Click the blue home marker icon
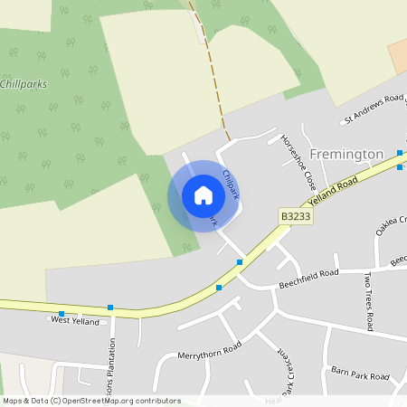tap(203, 195)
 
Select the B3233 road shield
tap(295, 217)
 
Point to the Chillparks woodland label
tap(24, 83)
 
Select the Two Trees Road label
tap(368, 299)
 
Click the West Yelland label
tap(75, 320)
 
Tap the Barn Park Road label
tap(359, 372)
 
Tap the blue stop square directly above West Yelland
tap(110, 308)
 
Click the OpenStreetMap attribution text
tap(91, 400)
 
